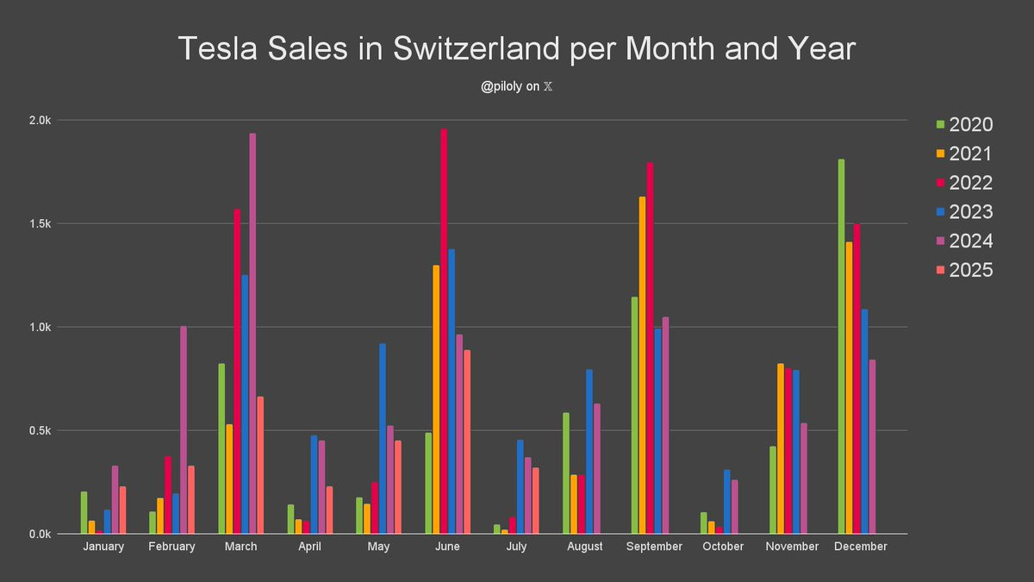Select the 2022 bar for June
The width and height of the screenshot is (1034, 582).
tap(444, 332)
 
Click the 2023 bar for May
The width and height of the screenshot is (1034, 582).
tap(383, 439)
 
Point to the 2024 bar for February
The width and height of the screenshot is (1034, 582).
tap(184, 430)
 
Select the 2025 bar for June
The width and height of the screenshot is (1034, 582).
tap(467, 441)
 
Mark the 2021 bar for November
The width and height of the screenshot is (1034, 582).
tap(781, 449)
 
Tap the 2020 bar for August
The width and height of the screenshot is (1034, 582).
tap(566, 473)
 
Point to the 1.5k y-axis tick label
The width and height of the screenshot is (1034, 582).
tap(39, 224)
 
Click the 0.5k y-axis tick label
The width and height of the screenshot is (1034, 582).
tap(39, 431)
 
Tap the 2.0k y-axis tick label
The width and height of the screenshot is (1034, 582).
tap(39, 121)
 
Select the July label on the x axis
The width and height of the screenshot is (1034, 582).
tap(516, 547)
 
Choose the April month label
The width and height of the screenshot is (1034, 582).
tap(309, 547)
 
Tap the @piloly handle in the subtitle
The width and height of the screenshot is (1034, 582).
tap(501, 87)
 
